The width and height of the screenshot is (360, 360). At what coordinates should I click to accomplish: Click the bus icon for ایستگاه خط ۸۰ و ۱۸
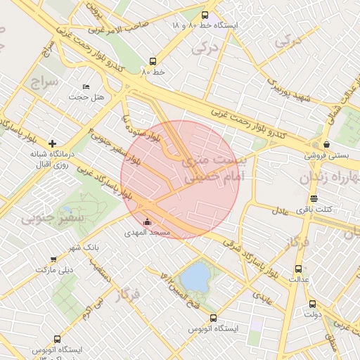click(205, 15)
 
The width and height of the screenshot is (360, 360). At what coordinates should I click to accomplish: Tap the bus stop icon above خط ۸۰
click(153, 61)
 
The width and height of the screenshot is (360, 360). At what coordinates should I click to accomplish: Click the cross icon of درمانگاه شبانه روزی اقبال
click(52, 143)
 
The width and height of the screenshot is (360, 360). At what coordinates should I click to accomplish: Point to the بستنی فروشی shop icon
click(325, 143)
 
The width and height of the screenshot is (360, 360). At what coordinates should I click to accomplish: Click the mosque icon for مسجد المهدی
click(147, 223)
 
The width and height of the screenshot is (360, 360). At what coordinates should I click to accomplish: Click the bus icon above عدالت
click(298, 269)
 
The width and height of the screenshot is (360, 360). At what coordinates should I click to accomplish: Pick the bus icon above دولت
click(312, 304)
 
